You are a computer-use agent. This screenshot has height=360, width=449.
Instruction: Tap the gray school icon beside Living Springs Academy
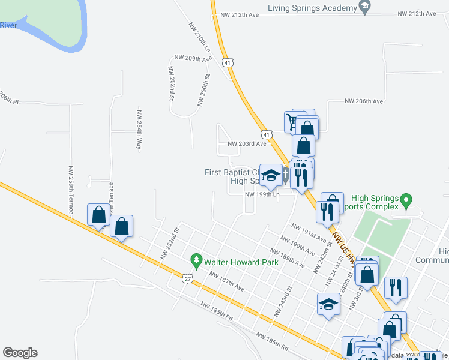[x=364, y=7]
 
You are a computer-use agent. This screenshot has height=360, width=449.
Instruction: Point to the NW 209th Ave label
[x=193, y=58]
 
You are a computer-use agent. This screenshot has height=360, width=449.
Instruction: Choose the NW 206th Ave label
[x=363, y=101]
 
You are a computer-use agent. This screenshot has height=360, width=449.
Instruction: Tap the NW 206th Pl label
[x=9, y=98]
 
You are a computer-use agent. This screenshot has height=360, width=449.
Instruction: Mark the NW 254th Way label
[x=139, y=130]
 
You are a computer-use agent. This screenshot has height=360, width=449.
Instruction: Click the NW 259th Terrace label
[x=71, y=190]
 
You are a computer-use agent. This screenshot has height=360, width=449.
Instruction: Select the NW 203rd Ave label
[x=246, y=144]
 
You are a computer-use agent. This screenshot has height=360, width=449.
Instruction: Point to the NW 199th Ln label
[x=262, y=194]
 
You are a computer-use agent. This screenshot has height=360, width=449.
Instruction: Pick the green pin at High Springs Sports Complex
[x=406, y=199]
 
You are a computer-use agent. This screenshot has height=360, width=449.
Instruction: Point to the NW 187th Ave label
[x=226, y=280]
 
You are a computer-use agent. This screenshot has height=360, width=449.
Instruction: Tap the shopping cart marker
[x=292, y=121]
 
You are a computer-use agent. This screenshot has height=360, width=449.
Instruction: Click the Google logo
[x=20, y=353]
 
